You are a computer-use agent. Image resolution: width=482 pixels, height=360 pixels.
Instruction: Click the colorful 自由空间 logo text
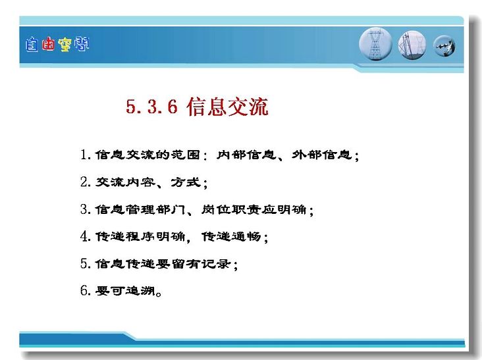pos(57,45)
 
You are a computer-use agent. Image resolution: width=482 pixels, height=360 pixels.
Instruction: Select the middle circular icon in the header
pos(412,45)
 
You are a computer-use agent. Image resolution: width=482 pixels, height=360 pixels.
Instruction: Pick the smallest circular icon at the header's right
pos(444,46)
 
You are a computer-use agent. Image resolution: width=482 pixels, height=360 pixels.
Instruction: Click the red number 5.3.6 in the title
pos(152,107)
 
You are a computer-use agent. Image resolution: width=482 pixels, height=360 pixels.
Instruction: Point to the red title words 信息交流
pos(227,107)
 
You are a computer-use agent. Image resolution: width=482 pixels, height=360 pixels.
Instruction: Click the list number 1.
pos(85,155)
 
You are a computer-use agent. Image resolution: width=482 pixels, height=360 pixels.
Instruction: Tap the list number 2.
pos(85,182)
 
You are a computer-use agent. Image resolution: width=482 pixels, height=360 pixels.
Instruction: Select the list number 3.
pos(85,209)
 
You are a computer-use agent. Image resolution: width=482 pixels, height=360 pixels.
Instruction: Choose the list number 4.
pos(85,236)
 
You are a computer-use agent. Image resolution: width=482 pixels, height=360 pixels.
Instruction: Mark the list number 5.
pos(85,263)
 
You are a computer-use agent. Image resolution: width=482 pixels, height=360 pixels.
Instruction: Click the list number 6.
pos(85,290)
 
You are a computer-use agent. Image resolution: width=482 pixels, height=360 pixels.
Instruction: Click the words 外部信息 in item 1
pos(321,155)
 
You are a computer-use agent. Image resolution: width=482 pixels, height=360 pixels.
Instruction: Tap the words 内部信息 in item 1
pos(246,155)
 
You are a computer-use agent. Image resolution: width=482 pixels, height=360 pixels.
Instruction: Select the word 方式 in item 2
pos(186,182)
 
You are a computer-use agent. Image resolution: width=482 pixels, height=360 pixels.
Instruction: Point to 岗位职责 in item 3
pos(231,209)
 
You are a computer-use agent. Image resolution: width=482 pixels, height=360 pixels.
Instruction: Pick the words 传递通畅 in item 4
pos(231,236)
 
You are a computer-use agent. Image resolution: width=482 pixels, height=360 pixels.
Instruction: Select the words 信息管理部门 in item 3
pos(140,209)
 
